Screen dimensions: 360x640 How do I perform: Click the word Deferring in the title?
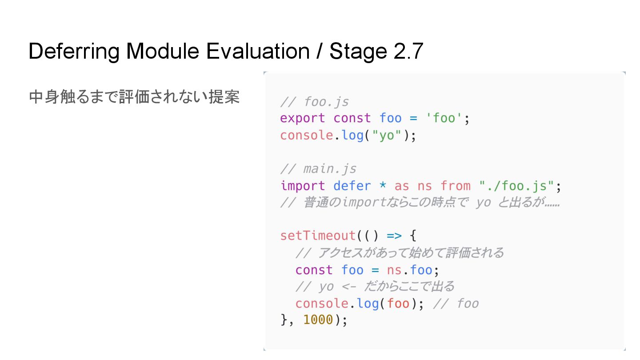(x=74, y=52)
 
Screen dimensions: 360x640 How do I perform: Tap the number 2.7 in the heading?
(x=408, y=52)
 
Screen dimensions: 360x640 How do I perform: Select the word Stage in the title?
(x=358, y=52)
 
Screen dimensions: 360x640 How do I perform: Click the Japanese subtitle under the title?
(x=134, y=97)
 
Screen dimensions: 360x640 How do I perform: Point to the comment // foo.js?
(x=315, y=102)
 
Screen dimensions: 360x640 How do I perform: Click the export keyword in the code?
(x=303, y=118)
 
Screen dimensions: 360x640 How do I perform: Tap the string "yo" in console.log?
(x=387, y=135)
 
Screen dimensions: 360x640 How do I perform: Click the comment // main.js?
(x=318, y=169)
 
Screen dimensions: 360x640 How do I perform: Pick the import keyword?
(x=303, y=186)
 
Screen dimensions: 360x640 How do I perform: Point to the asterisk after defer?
(x=383, y=186)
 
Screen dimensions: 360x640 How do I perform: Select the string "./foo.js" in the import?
(x=516, y=186)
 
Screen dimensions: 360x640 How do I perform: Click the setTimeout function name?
(x=318, y=235)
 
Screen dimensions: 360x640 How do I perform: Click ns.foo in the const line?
(x=409, y=270)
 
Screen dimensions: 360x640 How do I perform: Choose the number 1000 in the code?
(x=318, y=320)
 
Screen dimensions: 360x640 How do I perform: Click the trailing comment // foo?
(x=456, y=304)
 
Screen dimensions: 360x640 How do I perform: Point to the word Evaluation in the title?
(x=257, y=52)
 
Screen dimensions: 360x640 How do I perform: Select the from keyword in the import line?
(x=456, y=186)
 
